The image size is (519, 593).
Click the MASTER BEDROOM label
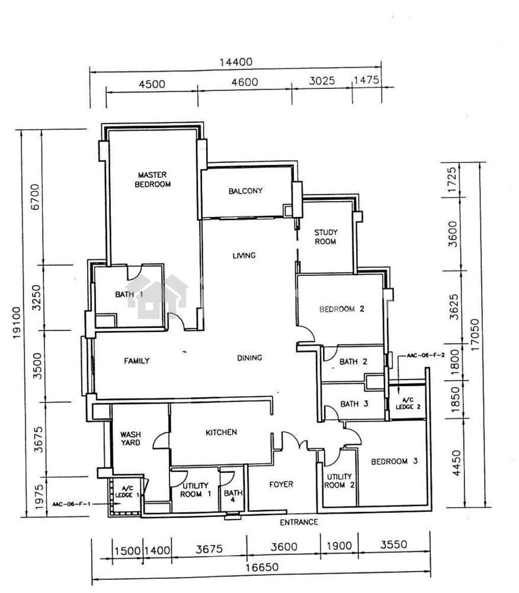[x=153, y=180]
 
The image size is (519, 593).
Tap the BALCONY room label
[x=245, y=191]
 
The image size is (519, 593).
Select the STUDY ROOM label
[x=326, y=237]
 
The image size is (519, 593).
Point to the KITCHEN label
[x=222, y=432]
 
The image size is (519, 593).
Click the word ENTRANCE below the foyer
[x=299, y=522]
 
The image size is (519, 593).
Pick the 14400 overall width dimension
[x=236, y=62]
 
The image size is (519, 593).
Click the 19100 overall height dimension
[x=17, y=323]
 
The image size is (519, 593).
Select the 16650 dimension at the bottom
[x=262, y=568]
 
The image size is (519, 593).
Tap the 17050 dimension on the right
[x=475, y=334]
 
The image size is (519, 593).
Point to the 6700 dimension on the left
[x=34, y=197]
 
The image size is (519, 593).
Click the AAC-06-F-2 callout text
[x=426, y=355]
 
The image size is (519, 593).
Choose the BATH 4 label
[x=233, y=496]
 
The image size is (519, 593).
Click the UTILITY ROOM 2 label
[x=339, y=481]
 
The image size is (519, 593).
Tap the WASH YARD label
[x=130, y=439]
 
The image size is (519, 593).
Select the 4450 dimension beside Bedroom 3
[x=457, y=463]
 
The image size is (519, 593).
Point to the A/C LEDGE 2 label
[x=408, y=403]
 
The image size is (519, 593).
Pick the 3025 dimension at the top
[x=322, y=81]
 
